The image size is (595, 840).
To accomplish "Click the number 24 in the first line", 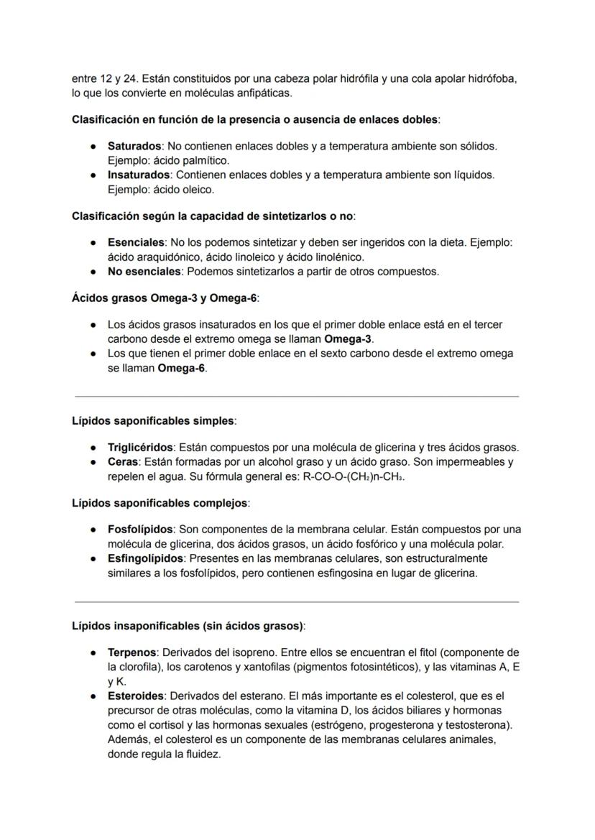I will [x=117, y=79].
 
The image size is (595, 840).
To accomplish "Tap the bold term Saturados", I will [x=134, y=146].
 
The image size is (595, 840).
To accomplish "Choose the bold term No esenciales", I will [x=144, y=272].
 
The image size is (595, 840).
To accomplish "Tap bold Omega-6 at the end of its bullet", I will [x=181, y=368].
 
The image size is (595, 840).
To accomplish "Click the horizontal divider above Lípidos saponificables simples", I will [x=297, y=396].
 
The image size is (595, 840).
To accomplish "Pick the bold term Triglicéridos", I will [x=139, y=447].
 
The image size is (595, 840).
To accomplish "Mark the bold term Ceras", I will [x=122, y=462].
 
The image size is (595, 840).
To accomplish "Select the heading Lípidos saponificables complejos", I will [x=160, y=503].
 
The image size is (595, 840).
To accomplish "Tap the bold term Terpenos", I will [x=132, y=652].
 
